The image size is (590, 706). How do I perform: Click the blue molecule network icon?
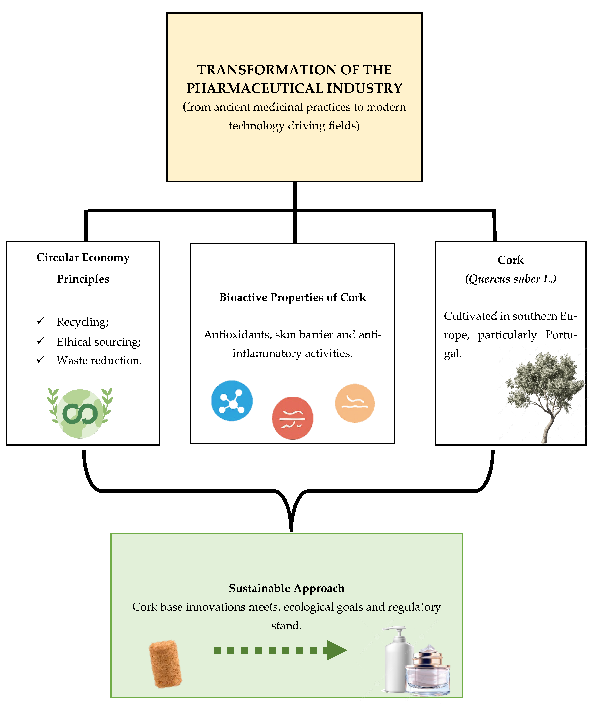coord(232,400)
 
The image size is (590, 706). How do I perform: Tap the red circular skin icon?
coord(293,418)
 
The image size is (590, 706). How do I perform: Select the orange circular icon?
coord(355,403)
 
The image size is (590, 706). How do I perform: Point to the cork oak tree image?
coord(545,397)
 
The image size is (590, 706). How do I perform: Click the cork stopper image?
coord(165,664)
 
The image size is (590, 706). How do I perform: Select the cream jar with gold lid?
coord(428,671)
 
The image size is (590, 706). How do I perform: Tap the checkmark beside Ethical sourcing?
coord(41,341)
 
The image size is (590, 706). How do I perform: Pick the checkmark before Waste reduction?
coord(41,359)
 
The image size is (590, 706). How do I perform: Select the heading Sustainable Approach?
coord(287,588)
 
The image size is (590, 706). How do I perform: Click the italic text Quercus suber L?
coord(511,279)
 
